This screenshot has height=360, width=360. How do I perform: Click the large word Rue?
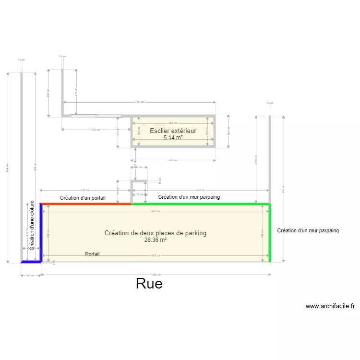149,284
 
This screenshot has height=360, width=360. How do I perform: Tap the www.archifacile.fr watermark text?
330,306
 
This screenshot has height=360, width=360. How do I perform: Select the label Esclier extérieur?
173,131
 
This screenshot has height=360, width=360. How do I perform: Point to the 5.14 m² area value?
173,138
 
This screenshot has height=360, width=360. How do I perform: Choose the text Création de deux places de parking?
155,233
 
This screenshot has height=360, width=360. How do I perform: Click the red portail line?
86,204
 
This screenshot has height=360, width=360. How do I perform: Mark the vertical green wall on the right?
269,233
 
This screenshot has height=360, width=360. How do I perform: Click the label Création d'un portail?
83,198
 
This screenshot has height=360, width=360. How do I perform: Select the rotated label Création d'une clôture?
32,225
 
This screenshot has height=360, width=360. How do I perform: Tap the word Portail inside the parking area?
92,253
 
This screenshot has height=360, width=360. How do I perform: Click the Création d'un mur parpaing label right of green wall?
308,230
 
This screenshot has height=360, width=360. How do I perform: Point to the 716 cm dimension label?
139,102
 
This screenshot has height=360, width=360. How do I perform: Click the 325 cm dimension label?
96,130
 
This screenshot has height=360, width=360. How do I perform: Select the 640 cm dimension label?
201,190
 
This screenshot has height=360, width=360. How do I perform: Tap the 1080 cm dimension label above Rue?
156,275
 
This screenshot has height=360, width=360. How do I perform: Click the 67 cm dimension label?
30,275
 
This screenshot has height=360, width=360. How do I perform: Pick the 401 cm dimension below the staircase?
173,160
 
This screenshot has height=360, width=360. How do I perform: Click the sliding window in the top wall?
96,116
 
